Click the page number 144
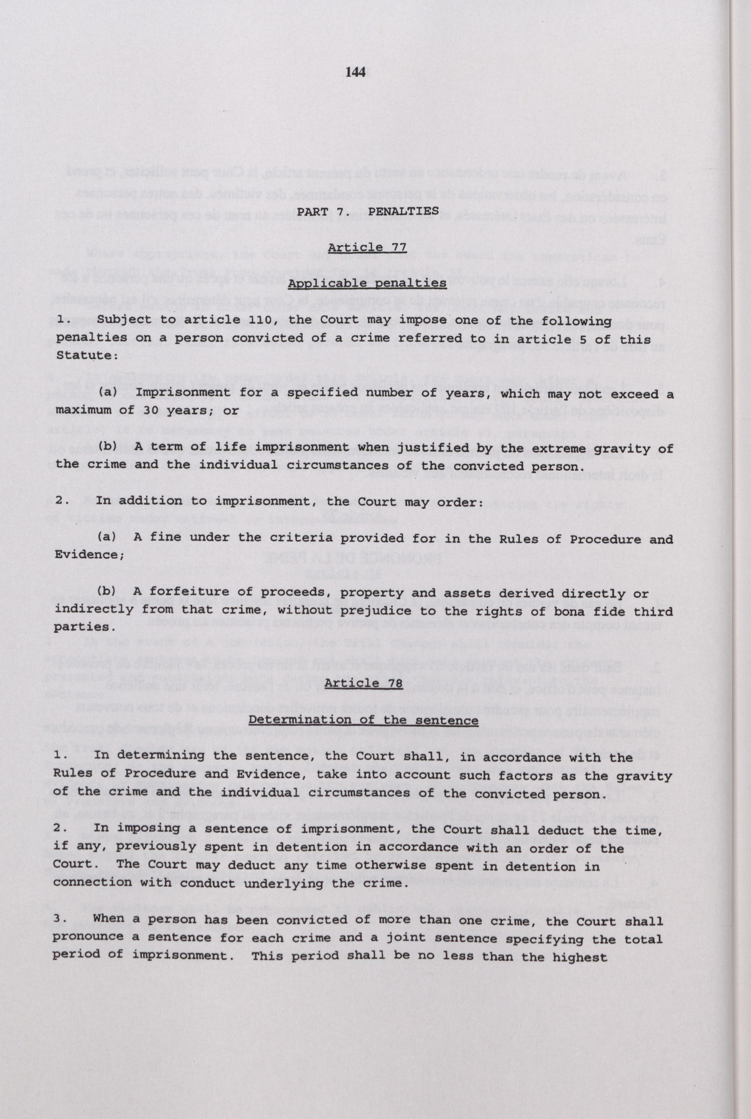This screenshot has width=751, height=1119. point(355,72)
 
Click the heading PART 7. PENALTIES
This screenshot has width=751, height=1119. point(367,211)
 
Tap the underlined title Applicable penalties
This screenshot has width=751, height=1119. point(367,283)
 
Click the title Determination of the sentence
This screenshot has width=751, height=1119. point(363,720)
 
